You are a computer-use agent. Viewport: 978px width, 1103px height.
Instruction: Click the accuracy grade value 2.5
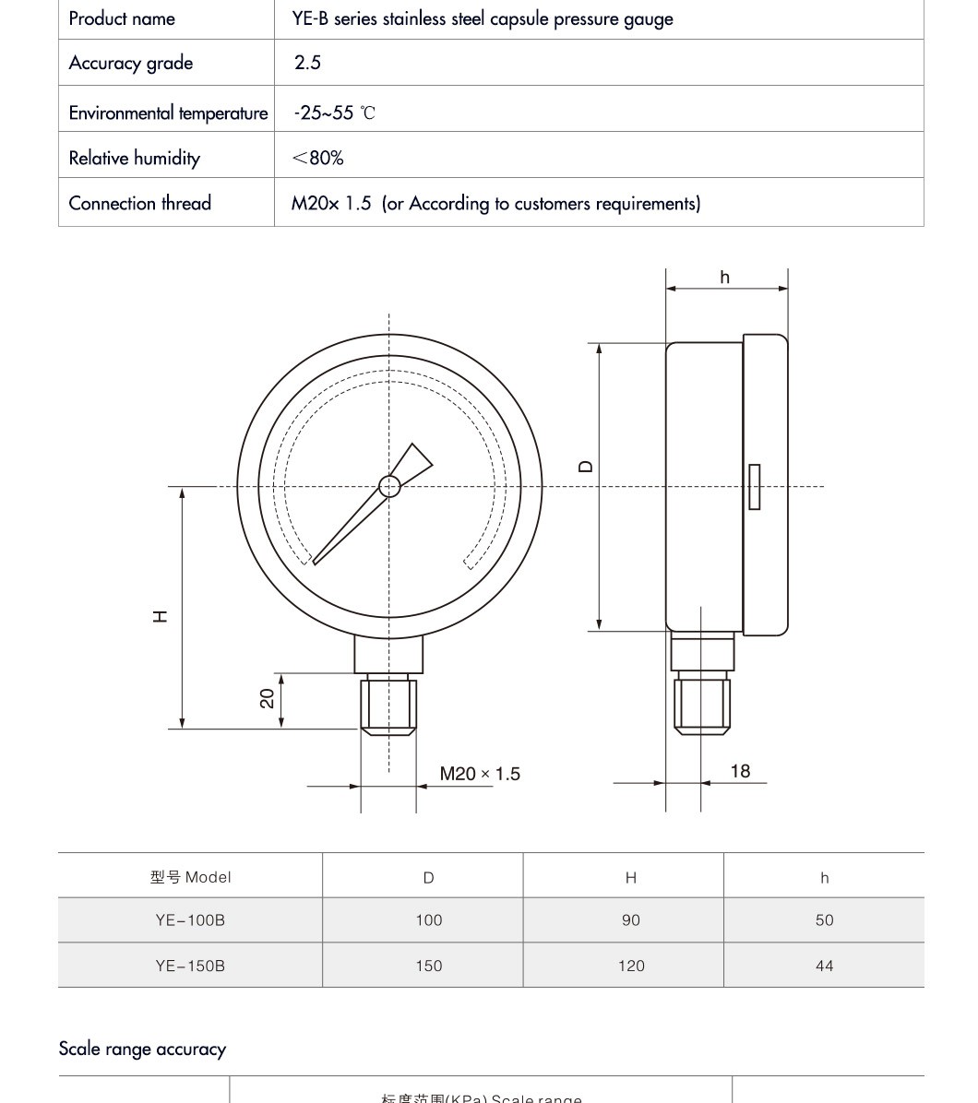(x=307, y=63)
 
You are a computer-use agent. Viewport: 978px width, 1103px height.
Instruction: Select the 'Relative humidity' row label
(x=135, y=158)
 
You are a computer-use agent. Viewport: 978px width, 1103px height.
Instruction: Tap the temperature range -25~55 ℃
(x=334, y=113)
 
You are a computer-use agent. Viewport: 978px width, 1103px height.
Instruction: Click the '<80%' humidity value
(x=317, y=158)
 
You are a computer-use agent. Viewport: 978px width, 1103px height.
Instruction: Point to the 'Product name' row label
(x=122, y=18)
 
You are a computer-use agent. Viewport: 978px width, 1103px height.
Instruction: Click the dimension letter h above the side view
(x=725, y=277)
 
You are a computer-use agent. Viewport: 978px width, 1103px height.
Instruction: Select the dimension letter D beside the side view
(x=586, y=467)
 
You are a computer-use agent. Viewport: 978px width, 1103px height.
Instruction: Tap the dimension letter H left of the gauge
(x=161, y=616)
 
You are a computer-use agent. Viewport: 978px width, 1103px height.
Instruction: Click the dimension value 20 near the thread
(x=268, y=698)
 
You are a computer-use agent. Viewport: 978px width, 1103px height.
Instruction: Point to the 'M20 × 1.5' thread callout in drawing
(x=480, y=774)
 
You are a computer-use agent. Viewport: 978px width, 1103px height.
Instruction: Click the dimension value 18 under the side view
(x=740, y=771)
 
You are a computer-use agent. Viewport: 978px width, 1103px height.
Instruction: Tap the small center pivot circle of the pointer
(x=389, y=486)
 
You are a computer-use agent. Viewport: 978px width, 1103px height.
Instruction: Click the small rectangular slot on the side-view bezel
(x=754, y=486)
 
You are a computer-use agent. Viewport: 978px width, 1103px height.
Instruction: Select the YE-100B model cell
(x=190, y=919)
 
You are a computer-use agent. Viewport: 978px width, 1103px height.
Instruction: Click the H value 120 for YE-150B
(x=631, y=966)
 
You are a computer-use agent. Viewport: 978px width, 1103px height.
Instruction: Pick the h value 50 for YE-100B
(x=824, y=919)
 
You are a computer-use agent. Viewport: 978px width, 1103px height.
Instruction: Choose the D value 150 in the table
(x=429, y=966)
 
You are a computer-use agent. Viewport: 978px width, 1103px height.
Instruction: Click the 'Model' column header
(x=190, y=877)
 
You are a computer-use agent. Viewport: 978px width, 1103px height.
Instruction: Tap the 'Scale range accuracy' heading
(x=142, y=1049)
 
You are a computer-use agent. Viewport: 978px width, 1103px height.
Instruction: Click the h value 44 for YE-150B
(x=824, y=966)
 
